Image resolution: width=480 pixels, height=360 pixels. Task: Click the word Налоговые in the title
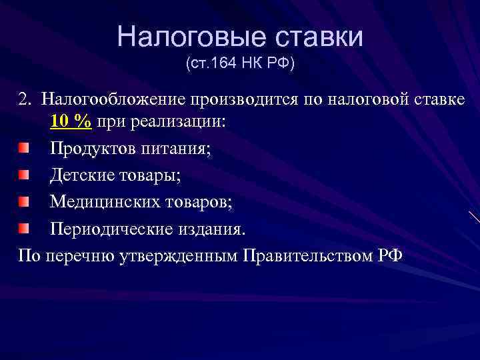coord(179,37)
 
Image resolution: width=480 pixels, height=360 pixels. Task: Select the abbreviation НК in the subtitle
coord(253,65)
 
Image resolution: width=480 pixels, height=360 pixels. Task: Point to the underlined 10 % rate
coord(71,123)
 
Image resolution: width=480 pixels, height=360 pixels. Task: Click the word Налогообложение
coord(113,100)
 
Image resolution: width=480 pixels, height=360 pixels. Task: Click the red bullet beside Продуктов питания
coord(24,147)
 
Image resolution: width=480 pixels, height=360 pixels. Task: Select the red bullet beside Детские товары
coord(24,175)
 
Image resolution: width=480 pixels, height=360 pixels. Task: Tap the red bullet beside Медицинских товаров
coord(24,201)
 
